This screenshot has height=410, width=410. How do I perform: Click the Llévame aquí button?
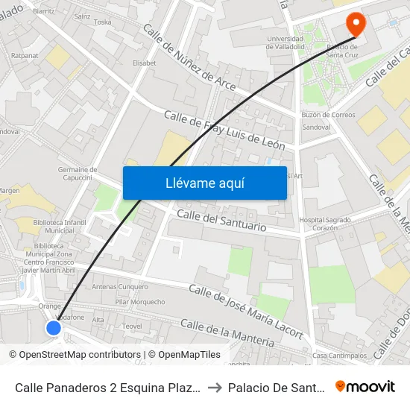coord(204,183)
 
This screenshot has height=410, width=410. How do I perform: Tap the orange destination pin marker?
coord(356,25)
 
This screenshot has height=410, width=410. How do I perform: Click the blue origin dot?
coord(54,327)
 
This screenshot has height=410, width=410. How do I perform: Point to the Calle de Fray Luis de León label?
coord(224,128)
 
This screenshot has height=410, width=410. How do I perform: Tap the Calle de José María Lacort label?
coord(246,310)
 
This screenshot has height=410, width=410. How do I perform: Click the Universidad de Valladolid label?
coord(284,42)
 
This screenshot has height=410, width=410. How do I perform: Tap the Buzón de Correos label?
coord(328,115)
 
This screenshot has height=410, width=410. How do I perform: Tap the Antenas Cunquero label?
coord(119,286)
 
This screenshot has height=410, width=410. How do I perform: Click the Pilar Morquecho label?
coord(140,302)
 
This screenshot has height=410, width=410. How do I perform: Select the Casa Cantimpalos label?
coord(340,356)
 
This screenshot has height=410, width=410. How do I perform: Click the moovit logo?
coord(365,386)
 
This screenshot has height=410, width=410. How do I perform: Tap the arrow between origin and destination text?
coord(215,387)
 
